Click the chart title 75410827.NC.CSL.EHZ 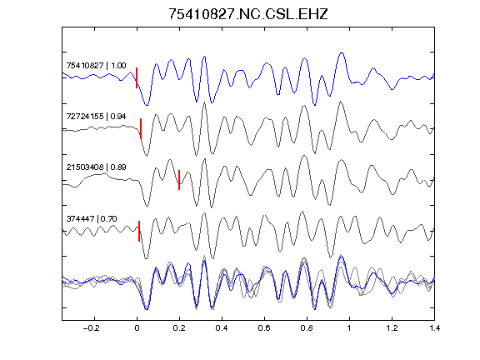(248, 14)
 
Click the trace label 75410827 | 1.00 (96, 66)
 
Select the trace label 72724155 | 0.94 (96, 117)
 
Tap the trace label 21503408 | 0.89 (96, 167)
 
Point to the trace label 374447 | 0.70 (92, 218)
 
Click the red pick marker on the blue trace (137, 77)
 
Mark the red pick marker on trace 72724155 (141, 128)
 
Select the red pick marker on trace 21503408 (179, 180)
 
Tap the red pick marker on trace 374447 (139, 231)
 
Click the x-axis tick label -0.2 (92, 328)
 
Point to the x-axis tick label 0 (137, 328)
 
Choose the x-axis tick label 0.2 (179, 328)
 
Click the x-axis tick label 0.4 (222, 328)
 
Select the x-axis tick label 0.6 (264, 328)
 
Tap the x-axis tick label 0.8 (307, 328)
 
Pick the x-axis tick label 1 (349, 328)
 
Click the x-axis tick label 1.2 (392, 328)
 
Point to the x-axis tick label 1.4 (434, 328)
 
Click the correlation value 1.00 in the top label (118, 66)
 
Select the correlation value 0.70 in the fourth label (108, 218)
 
